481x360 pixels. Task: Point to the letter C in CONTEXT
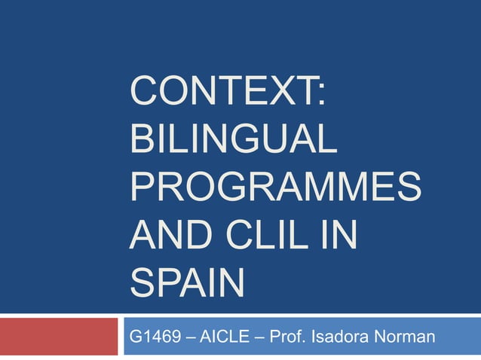tap(145, 97)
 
